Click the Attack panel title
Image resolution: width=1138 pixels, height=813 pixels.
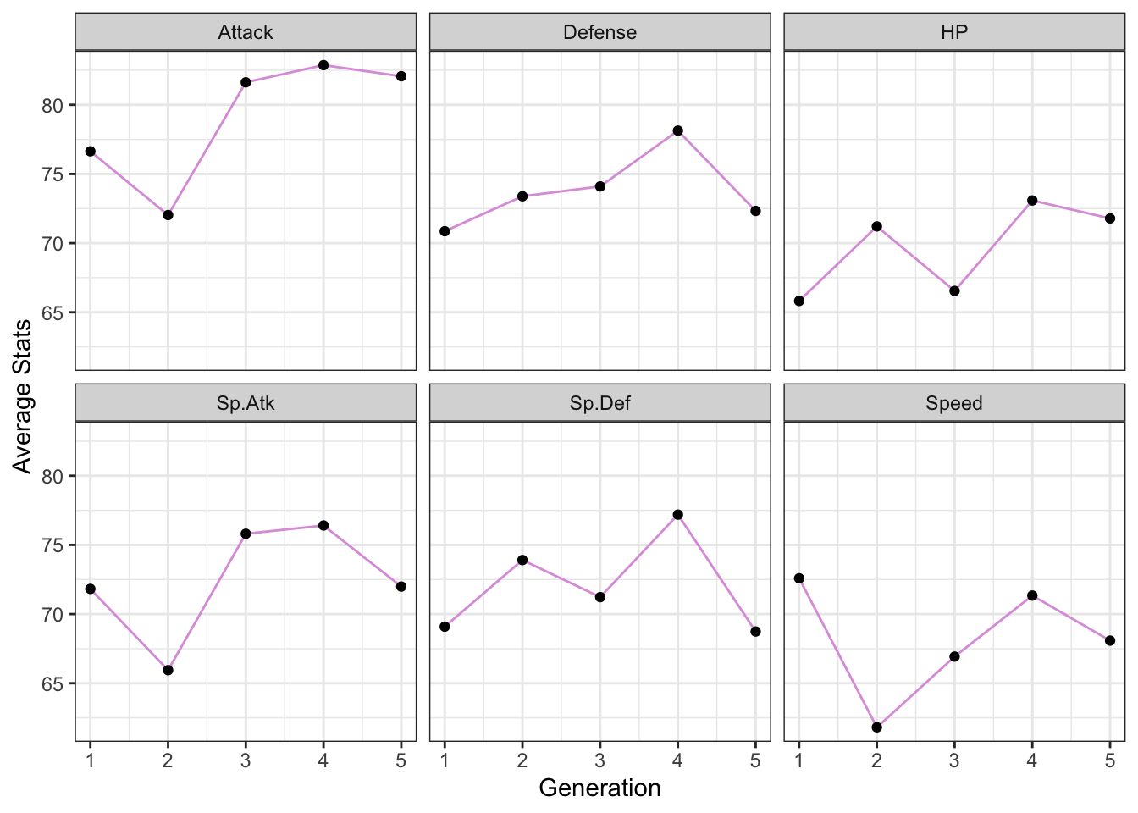point(246,32)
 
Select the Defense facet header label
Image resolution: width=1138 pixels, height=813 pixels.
point(599,32)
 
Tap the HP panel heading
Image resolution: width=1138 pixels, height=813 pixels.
point(954,32)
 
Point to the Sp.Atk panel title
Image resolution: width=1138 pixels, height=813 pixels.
point(246,403)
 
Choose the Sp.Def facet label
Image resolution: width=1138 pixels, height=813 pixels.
point(599,403)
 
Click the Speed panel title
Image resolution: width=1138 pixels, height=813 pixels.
point(954,403)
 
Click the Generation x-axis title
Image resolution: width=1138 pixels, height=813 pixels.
point(599,788)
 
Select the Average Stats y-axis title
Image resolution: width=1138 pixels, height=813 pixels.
point(23,396)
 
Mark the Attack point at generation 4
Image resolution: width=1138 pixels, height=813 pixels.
point(323,65)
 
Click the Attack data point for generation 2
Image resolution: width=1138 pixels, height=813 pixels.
point(168,215)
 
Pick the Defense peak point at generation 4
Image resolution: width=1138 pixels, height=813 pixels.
point(677,130)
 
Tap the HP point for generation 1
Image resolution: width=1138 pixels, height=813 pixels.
point(799,301)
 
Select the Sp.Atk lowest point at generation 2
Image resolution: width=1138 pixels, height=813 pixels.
point(168,670)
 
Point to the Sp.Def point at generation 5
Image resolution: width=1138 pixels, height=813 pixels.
point(755,631)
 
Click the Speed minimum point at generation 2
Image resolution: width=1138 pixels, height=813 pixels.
point(876,727)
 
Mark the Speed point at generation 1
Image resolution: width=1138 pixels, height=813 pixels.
point(799,578)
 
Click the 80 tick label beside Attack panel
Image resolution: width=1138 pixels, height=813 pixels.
point(52,106)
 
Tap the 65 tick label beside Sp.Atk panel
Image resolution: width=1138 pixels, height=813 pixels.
point(52,683)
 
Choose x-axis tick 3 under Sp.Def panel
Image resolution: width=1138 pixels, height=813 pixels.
point(599,761)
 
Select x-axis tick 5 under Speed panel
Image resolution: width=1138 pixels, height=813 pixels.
point(1109,761)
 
